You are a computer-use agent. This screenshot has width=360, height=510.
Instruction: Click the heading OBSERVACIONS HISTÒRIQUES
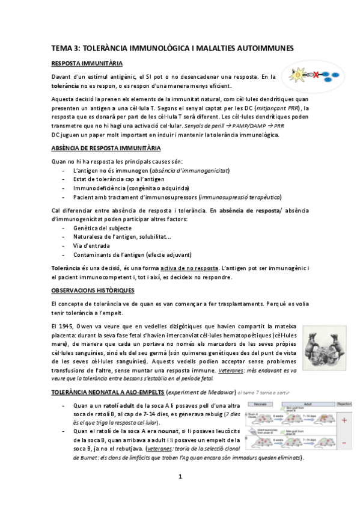click(x=93, y=290)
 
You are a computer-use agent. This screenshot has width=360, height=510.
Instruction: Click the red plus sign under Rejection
click(x=344, y=421)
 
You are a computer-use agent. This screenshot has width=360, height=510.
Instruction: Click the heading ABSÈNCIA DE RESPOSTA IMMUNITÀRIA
click(x=106, y=148)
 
